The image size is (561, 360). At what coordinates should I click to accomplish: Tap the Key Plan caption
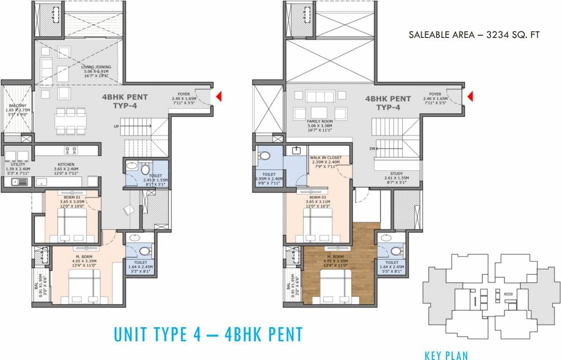pyautogui.click(x=446, y=355)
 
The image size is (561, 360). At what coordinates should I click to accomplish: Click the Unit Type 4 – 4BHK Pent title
pyautogui.click(x=208, y=334)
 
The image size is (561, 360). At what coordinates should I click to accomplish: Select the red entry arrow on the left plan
pyautogui.click(x=218, y=97)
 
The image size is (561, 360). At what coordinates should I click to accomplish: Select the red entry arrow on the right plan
pyautogui.click(x=471, y=97)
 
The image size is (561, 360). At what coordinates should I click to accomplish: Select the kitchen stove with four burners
pyautogui.click(x=70, y=150)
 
